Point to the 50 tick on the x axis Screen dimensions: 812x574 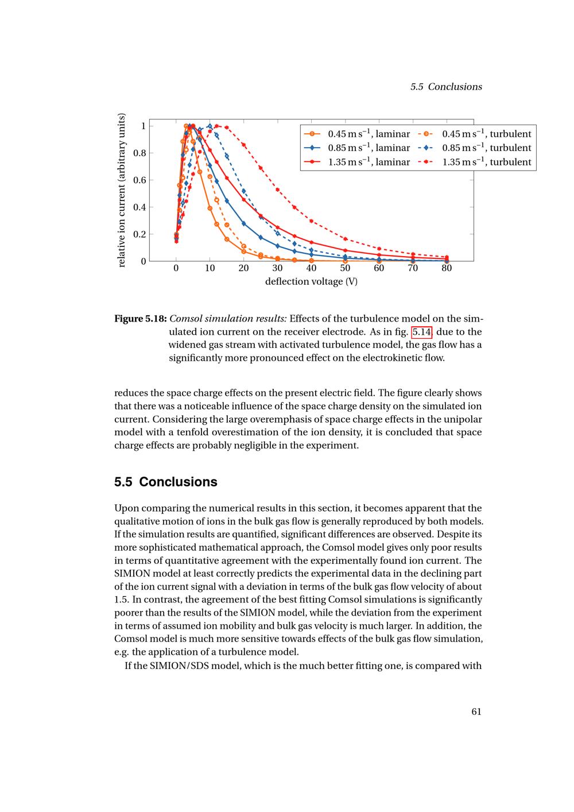tap(345, 268)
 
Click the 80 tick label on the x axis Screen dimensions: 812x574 tap(447, 268)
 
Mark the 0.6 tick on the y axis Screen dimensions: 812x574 tap(139, 180)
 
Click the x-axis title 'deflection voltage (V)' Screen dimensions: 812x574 tap(311, 282)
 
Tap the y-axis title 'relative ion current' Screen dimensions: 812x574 tap(121, 191)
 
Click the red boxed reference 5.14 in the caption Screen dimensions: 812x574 tap(422, 332)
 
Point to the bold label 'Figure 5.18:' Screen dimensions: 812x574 tap(141, 319)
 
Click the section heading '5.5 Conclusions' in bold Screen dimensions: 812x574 tap(166, 482)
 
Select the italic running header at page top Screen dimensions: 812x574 tap(446, 87)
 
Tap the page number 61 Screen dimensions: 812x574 tap(476, 712)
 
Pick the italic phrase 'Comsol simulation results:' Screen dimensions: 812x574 tap(228, 319)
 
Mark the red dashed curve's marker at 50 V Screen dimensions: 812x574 tap(345, 239)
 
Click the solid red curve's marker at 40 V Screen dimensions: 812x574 tap(311, 242)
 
